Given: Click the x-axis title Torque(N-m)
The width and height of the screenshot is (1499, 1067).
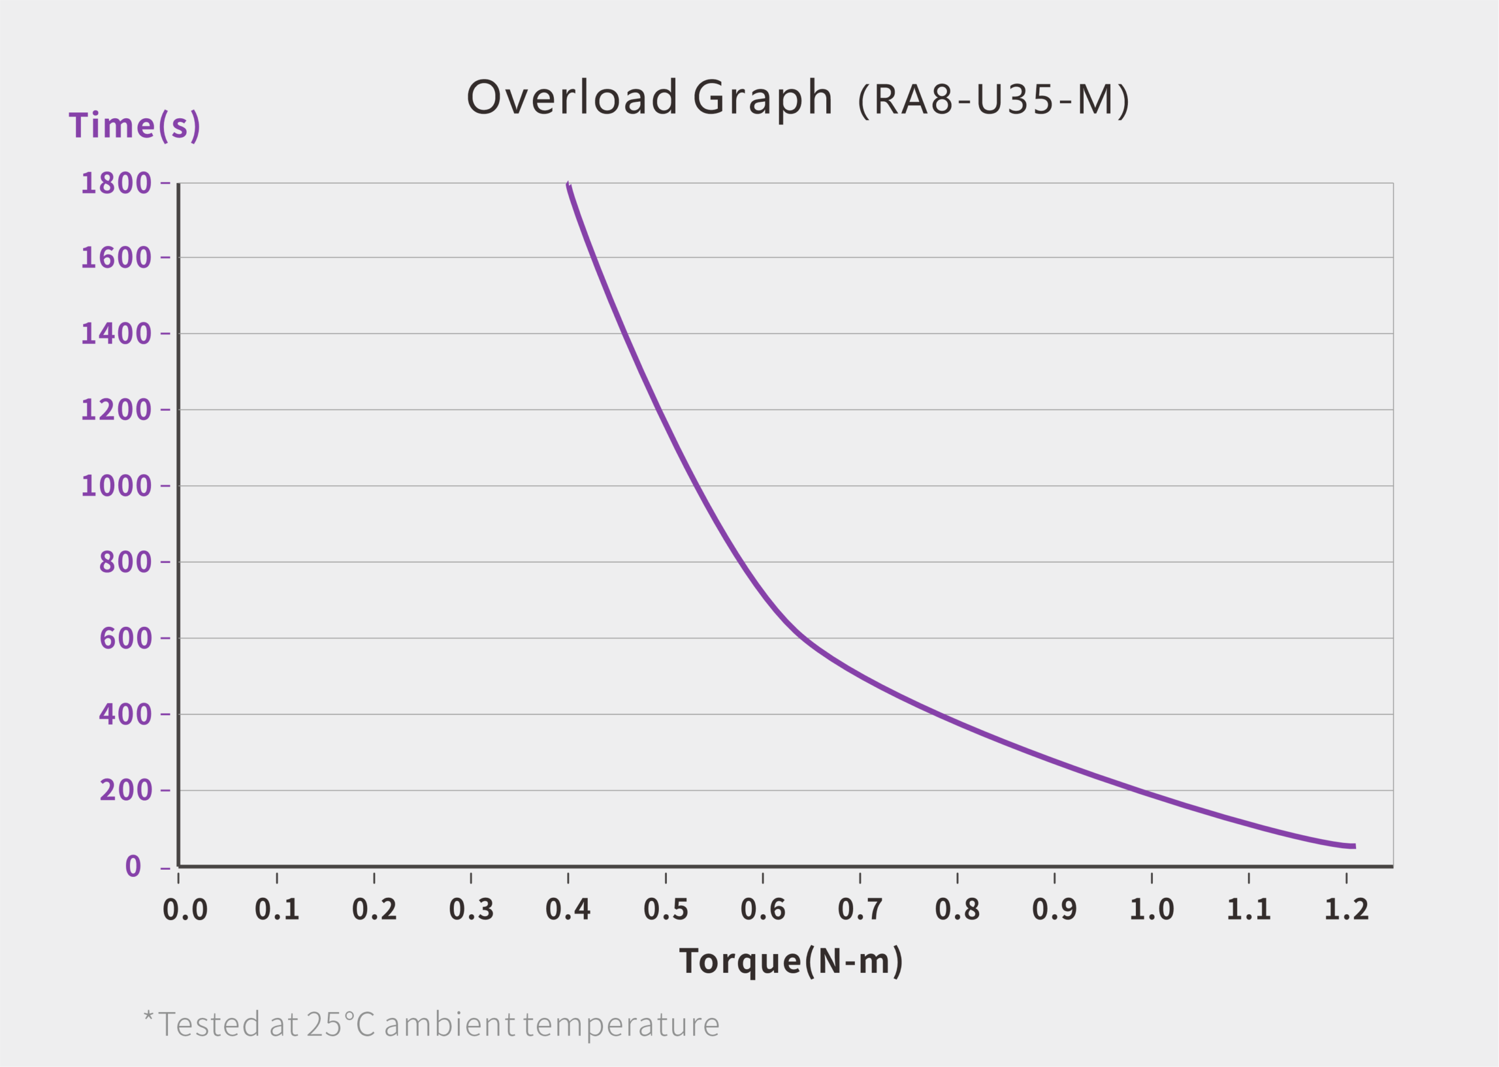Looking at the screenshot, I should tap(790, 961).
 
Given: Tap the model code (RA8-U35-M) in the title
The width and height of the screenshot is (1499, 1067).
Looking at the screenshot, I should tap(994, 101).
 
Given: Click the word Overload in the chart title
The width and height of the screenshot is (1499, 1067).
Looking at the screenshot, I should tap(571, 97).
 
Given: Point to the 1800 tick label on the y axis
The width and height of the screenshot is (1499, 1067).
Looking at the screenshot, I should tap(117, 183).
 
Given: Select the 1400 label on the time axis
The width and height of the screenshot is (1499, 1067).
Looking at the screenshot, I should tap(117, 334).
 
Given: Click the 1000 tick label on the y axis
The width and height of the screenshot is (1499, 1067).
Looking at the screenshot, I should tap(117, 486).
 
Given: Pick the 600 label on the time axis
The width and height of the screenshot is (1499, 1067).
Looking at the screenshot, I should tap(125, 638).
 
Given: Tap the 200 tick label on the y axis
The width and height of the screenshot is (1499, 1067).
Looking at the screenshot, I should tap(125, 790).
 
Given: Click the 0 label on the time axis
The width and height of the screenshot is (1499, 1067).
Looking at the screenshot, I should tap(134, 866).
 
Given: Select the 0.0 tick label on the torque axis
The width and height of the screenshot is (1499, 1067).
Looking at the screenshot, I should tap(185, 910).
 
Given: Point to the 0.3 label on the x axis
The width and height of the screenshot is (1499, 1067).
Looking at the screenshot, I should tap(471, 910).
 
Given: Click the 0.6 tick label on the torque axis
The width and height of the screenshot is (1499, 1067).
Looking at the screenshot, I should tap(763, 910).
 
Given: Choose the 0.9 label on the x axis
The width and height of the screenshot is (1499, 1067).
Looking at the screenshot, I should tap(1055, 910).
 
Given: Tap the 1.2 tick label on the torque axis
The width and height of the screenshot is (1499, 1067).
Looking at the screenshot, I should tap(1347, 910).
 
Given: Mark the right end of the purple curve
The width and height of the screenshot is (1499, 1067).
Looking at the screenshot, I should tap(1354, 846).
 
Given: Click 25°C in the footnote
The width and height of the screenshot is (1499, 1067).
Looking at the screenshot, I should tap(340, 1024).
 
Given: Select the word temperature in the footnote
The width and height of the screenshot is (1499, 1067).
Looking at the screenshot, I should tap(621, 1025).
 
